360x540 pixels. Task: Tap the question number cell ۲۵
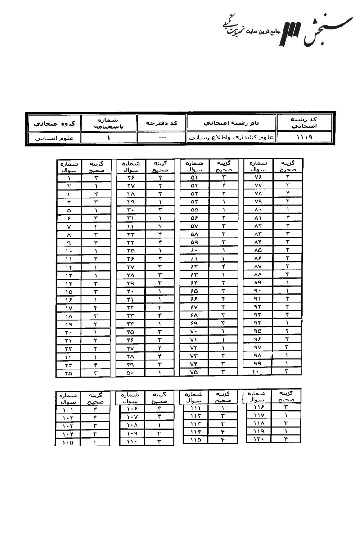click(x=69, y=373)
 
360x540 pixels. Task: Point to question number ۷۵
click(x=194, y=372)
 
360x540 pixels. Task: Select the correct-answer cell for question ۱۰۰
click(x=287, y=371)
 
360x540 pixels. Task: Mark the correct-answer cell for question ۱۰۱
click(x=95, y=409)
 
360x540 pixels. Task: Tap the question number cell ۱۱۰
click(x=131, y=442)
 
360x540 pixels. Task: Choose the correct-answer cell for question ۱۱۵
click(x=223, y=440)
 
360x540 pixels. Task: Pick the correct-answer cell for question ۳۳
click(x=160, y=234)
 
